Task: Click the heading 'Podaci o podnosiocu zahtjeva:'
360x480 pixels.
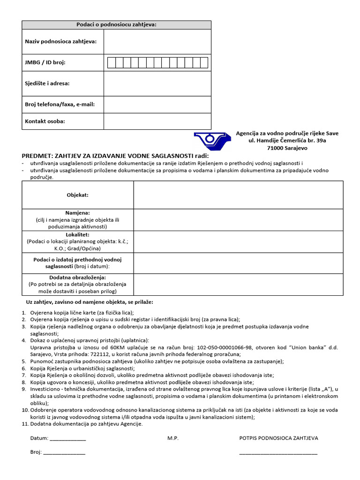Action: (116, 24)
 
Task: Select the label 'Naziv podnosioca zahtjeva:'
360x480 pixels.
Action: (60, 41)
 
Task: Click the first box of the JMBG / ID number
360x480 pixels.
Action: (111, 63)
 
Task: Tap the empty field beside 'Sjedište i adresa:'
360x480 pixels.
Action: (157, 83)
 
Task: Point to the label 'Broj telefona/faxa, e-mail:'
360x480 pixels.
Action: (60, 104)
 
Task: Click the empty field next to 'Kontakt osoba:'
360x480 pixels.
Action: (157, 121)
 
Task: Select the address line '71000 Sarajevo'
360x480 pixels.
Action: (287, 148)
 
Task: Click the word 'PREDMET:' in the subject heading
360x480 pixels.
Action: (37, 156)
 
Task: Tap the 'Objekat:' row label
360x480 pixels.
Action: (77, 195)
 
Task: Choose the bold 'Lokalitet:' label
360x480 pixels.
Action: (77, 234)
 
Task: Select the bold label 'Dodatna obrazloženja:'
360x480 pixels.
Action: (77, 277)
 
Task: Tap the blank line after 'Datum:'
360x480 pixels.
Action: (68, 439)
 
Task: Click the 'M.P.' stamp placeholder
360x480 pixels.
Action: (173, 438)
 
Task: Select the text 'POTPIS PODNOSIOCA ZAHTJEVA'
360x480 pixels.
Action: (278, 438)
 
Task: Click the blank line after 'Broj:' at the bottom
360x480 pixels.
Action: (64, 453)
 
